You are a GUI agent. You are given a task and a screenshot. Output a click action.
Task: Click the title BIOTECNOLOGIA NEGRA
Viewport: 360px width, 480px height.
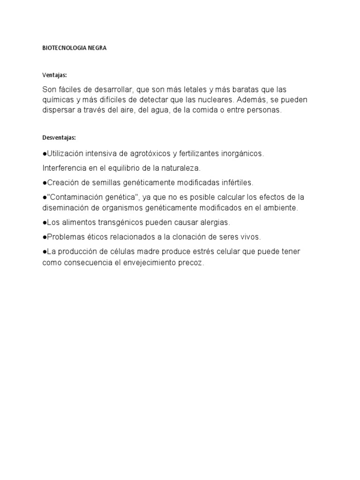pyautogui.click(x=75, y=48)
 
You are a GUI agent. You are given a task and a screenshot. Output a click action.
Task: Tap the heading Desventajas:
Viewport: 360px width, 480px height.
pyautogui.click(x=59, y=138)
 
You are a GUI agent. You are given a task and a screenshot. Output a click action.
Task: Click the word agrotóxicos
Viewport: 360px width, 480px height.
pyautogui.click(x=142, y=153)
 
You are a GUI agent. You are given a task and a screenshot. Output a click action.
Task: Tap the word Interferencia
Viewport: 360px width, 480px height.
pyautogui.click(x=64, y=168)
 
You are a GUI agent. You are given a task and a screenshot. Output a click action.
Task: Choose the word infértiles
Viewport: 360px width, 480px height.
pyautogui.click(x=234, y=182)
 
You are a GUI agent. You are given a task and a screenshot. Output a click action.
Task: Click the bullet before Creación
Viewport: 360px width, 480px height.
pyautogui.click(x=44, y=182)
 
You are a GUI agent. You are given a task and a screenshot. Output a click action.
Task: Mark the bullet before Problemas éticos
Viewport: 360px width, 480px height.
pyautogui.click(x=44, y=237)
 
